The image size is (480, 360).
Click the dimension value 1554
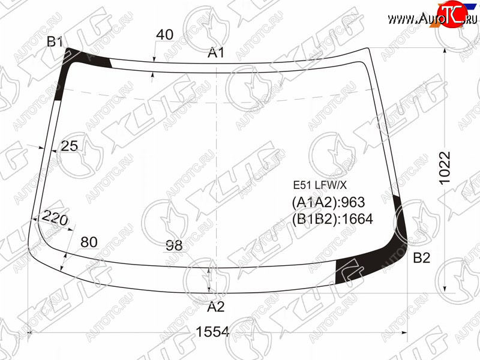click(212, 332)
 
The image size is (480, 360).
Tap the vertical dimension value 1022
click(445, 168)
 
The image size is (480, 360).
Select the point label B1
click(55, 42)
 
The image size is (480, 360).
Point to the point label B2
click(422, 258)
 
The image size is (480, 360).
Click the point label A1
click(216, 53)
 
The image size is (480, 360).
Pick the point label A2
click(216, 307)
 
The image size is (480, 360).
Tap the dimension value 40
click(164, 35)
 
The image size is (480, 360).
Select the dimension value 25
click(70, 146)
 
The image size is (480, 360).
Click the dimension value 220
click(55, 218)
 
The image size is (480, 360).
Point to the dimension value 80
click(89, 242)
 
